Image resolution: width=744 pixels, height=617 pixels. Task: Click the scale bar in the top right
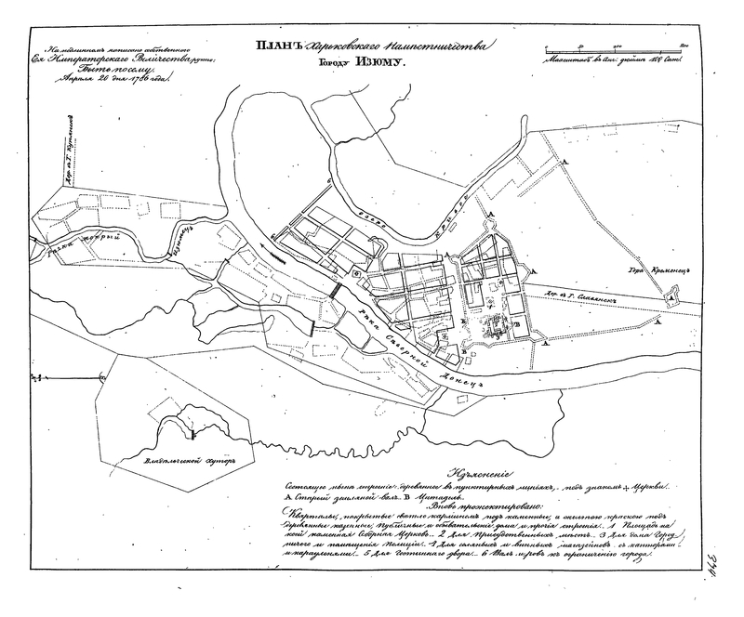click(614, 47)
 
